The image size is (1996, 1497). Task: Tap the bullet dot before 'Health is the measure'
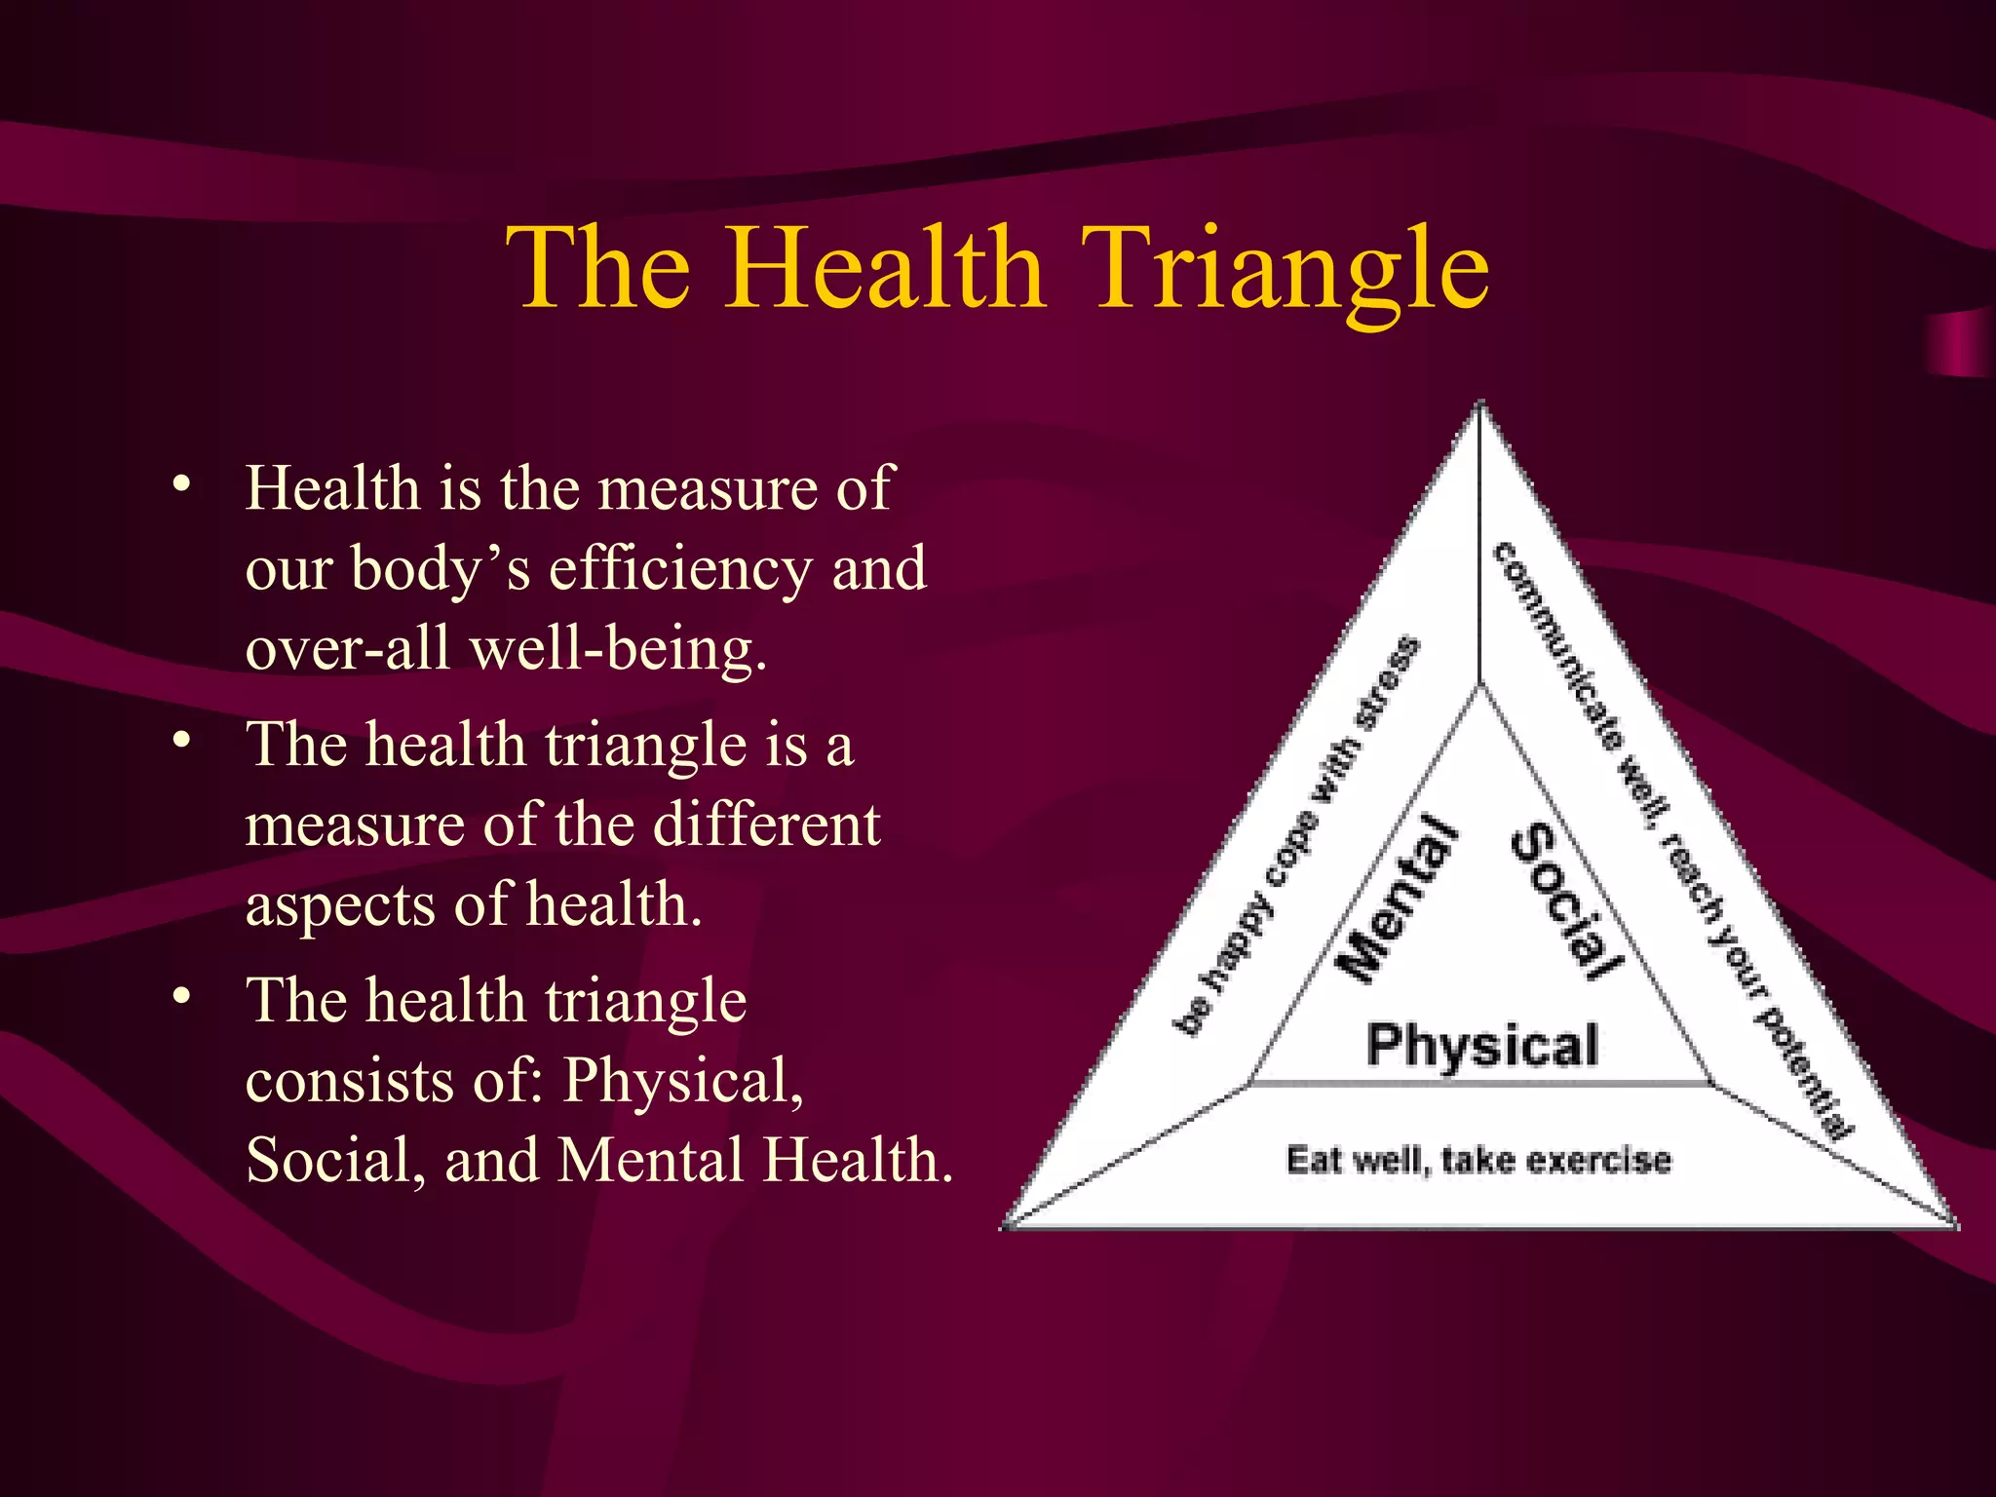click(181, 483)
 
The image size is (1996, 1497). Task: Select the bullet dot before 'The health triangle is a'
click(181, 740)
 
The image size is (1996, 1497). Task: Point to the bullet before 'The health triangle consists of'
click(181, 996)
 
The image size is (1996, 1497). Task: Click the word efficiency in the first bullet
click(679, 569)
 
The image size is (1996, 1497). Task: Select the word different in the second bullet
click(766, 825)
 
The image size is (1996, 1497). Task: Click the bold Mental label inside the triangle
click(1400, 899)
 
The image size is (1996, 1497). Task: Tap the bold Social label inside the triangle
click(1565, 899)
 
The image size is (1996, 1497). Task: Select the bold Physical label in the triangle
click(1482, 1046)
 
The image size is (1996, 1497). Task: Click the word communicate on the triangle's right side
click(1559, 648)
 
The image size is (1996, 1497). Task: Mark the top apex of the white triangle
click(1480, 403)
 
